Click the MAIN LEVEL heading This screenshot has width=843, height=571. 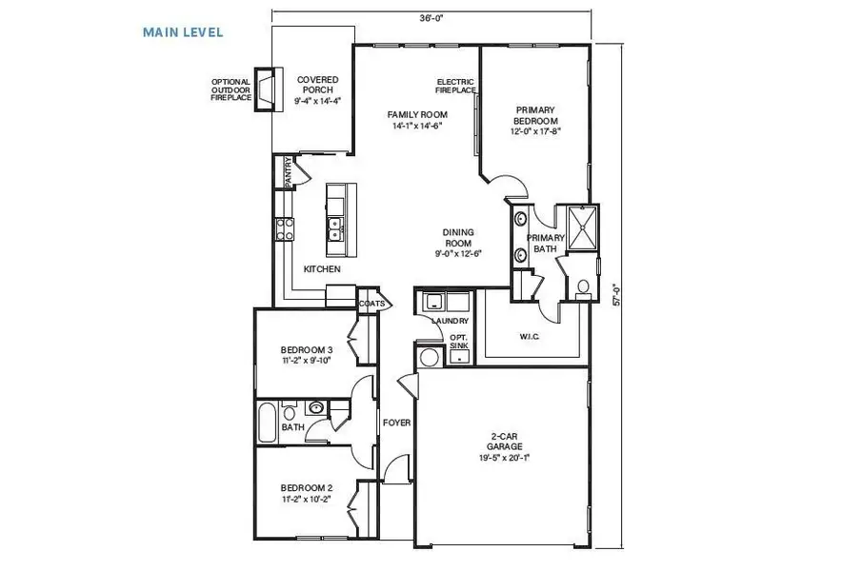coord(183,32)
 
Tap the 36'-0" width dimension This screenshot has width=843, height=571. coord(432,15)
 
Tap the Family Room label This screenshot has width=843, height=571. coord(418,119)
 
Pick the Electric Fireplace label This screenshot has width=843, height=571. coord(456,86)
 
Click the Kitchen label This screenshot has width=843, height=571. coord(321,269)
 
